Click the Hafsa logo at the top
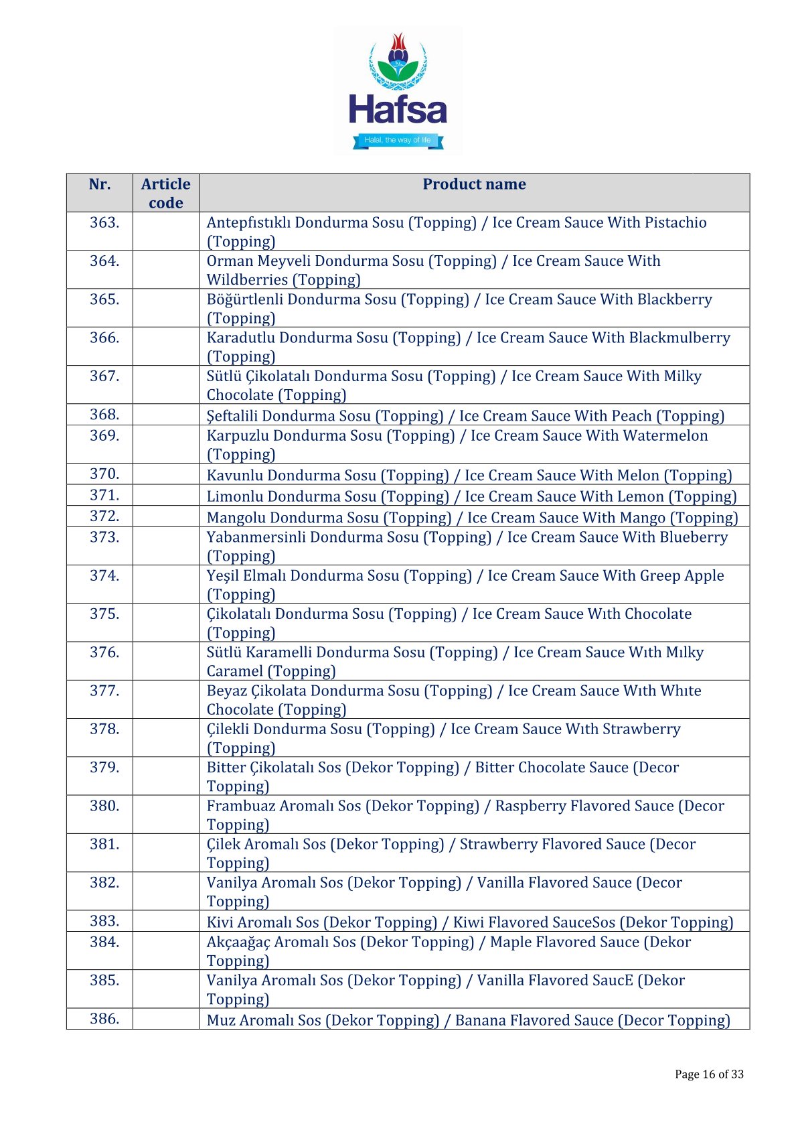point(398,91)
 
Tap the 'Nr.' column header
point(100,184)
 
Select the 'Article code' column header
point(165,193)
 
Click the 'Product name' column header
point(474,184)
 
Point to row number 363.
point(104,222)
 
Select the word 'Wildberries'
point(247,280)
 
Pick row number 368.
point(104,415)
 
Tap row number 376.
point(104,652)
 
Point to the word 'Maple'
point(511,942)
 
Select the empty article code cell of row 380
point(165,815)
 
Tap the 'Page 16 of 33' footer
point(709,1074)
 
